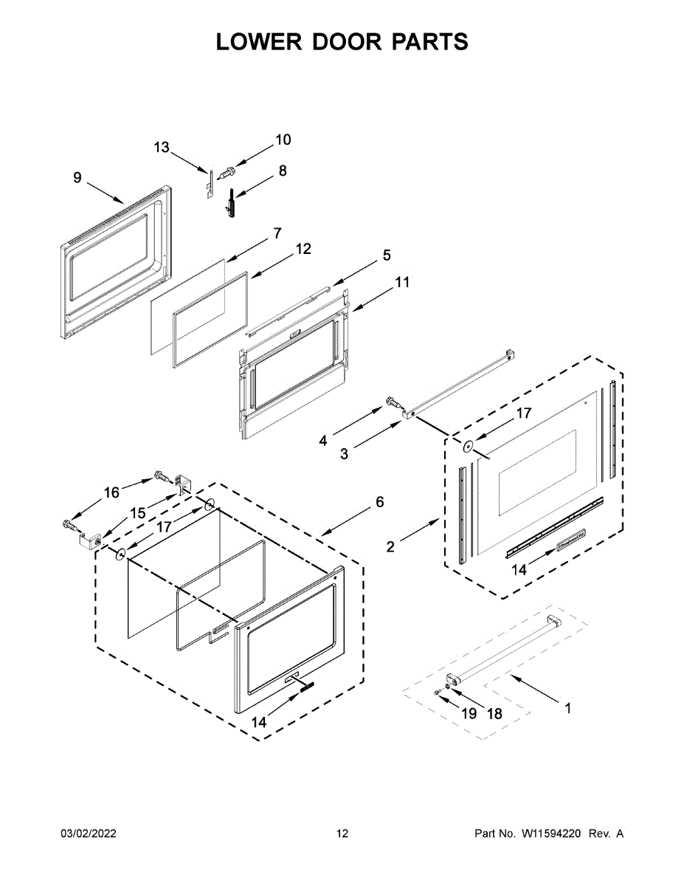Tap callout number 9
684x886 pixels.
point(77,177)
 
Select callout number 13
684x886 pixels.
point(162,148)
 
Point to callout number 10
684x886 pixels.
point(283,140)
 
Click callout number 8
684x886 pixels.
point(283,171)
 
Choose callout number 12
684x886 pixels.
point(303,250)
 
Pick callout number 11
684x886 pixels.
point(401,282)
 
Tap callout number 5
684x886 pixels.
point(386,255)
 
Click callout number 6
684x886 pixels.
point(379,502)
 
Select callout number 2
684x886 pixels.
point(390,547)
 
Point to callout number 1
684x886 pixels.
point(567,708)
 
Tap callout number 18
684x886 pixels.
point(494,714)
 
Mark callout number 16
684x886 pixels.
point(111,492)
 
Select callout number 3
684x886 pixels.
point(344,454)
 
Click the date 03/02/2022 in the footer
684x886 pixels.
point(88,834)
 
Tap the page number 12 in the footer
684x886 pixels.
point(342,834)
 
